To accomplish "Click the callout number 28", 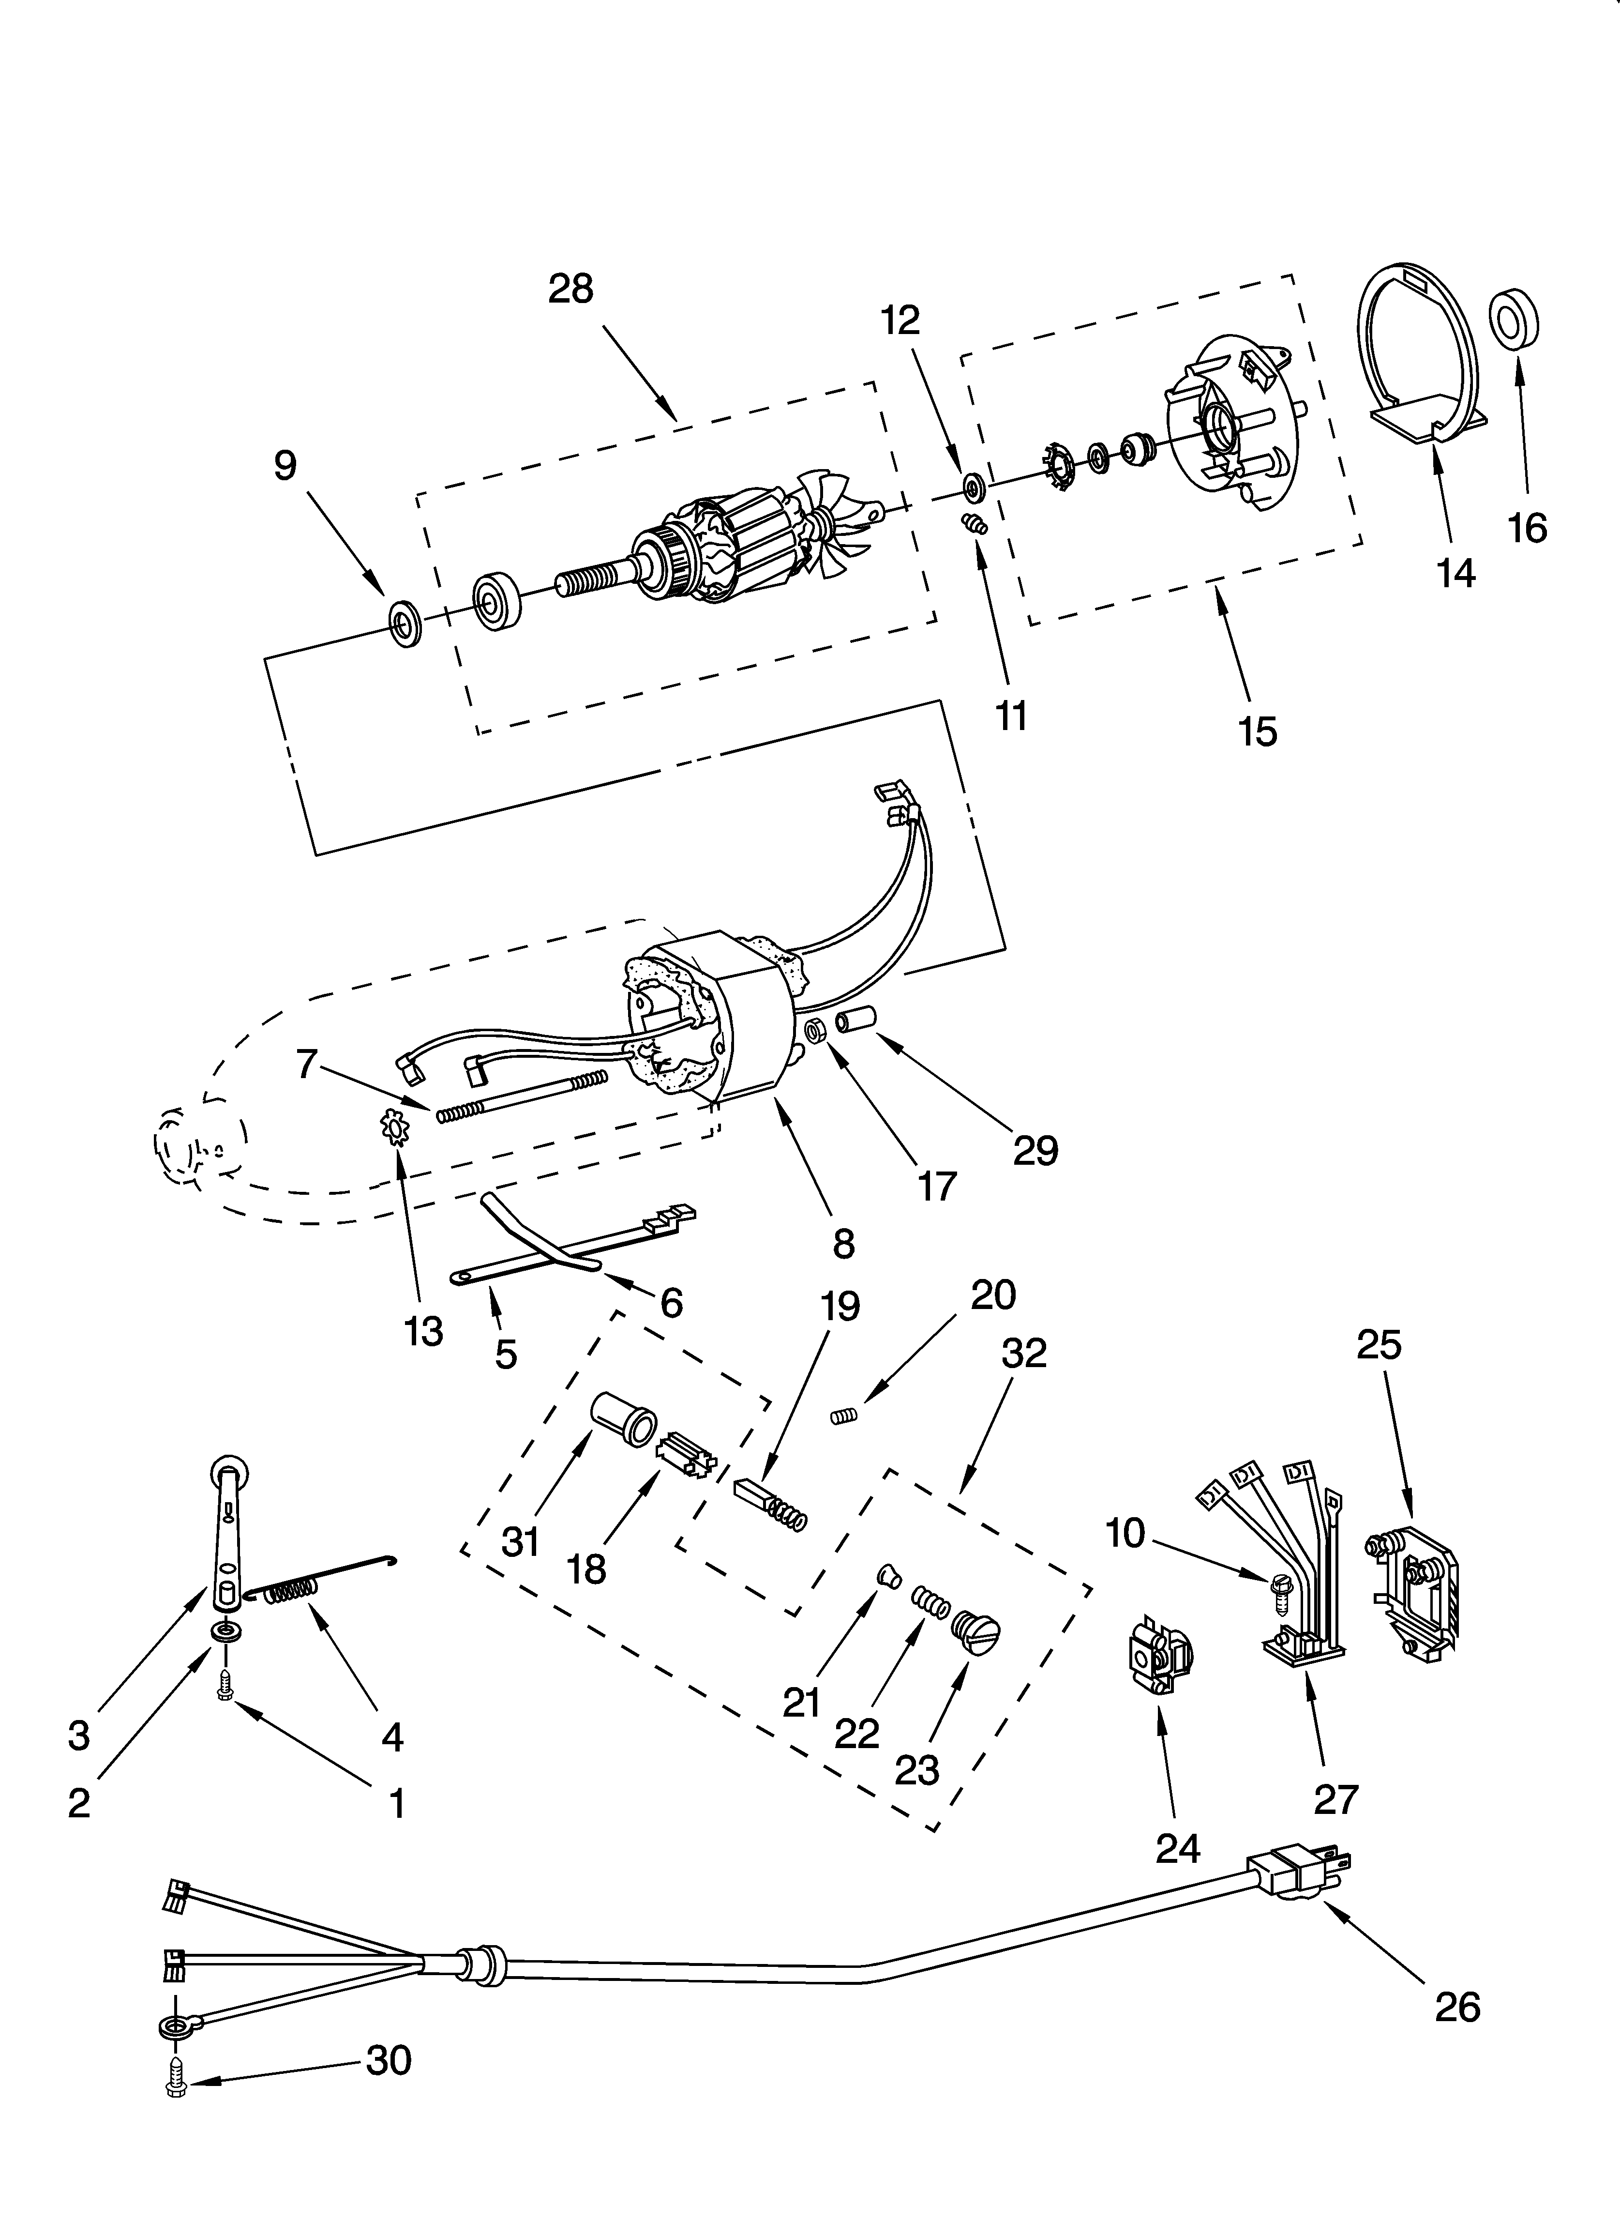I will (571, 289).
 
